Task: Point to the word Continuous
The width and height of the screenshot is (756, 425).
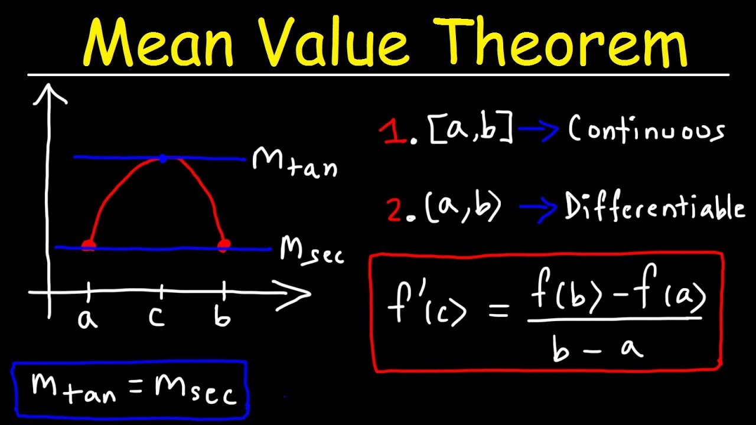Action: pos(646,130)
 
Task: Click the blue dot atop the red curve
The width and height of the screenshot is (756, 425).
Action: pos(162,158)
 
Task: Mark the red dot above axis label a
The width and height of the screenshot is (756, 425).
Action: pos(88,246)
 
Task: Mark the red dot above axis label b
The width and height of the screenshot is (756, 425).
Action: pos(223,245)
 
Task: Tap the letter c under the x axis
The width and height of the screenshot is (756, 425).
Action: pos(157,318)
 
